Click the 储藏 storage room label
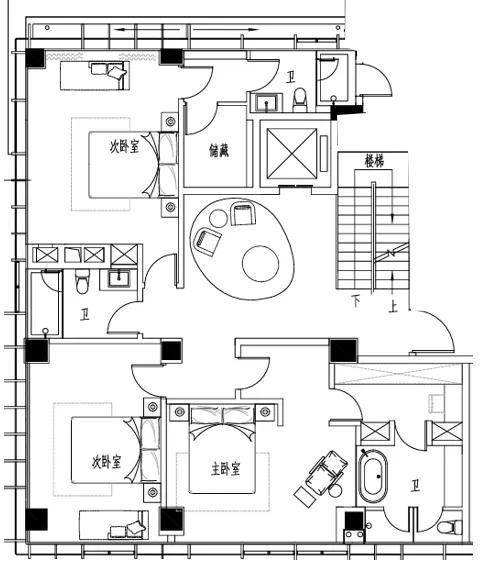point(219,151)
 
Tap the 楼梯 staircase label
point(374,161)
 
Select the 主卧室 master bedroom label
point(225,469)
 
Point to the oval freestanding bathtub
point(373,476)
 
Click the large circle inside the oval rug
point(261,264)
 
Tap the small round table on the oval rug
point(218,218)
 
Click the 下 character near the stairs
point(356,301)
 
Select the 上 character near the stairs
point(393,307)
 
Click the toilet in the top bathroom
point(300,100)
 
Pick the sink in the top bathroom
point(266,102)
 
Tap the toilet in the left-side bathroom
point(82,281)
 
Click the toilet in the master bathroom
point(449,527)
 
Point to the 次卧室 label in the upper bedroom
point(124,147)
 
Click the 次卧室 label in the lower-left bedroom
point(106,462)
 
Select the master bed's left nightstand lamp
point(180,412)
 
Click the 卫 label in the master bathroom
point(415,486)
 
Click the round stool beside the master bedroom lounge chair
point(336,491)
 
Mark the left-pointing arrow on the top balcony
point(147,30)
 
